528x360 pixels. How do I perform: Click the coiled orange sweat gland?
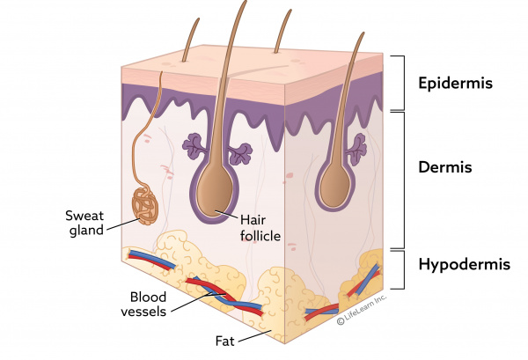click(145, 205)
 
